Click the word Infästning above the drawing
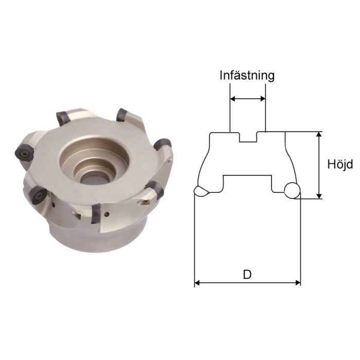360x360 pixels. tap(247, 75)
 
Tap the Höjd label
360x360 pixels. tap(339, 165)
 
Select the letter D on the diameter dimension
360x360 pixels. tap(247, 274)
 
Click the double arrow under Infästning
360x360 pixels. tap(247, 98)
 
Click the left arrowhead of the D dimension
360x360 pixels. tap(197, 282)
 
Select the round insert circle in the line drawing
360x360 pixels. tap(292, 190)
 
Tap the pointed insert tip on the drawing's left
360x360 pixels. tap(200, 191)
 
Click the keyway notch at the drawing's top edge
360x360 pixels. tap(247, 138)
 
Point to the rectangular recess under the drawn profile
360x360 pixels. tap(247, 183)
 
